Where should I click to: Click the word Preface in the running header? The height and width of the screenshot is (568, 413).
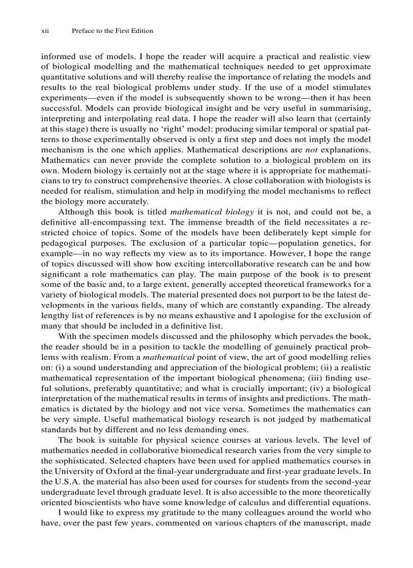[84, 31]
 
